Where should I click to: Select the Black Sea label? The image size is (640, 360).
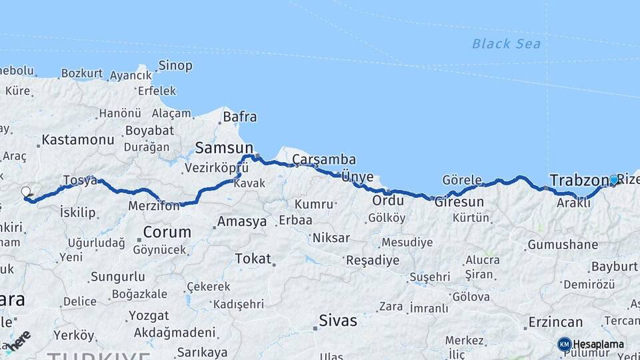506,44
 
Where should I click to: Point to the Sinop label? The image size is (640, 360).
175,66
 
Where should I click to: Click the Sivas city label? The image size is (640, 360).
338,321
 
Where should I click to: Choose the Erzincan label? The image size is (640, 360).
555,322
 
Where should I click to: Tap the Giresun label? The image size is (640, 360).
459,201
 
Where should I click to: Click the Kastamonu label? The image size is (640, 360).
78,140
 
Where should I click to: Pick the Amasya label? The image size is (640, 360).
242,221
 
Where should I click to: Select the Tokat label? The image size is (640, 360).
253,259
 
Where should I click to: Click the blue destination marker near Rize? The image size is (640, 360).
614,179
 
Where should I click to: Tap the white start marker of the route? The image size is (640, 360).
26,192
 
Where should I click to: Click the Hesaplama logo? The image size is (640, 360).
591,345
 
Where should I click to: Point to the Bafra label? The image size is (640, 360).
239,117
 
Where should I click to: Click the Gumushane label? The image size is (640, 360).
563,245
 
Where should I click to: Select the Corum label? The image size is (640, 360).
167,233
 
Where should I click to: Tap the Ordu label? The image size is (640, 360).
388,201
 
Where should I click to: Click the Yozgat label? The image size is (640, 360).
148,315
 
